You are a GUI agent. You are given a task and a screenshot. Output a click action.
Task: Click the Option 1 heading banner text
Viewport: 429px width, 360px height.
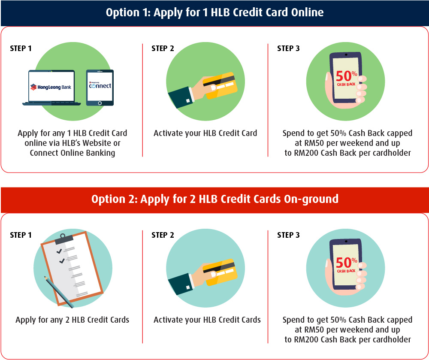coord(214,12)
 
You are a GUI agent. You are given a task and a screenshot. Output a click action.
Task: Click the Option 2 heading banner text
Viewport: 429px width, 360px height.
coord(215,199)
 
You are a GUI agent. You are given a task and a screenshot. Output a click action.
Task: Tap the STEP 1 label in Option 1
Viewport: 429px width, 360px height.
coord(21,48)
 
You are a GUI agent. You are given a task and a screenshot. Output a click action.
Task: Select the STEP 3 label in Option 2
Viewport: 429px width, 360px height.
coord(288,235)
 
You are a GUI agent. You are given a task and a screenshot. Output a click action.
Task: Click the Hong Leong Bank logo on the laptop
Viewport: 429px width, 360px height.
coord(51,87)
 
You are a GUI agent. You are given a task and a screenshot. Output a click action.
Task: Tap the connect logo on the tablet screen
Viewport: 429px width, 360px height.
coord(100,85)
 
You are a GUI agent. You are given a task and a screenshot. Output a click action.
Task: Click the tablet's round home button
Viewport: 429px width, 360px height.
coord(100,103)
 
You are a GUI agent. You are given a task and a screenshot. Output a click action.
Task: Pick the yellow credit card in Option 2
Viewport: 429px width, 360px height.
coord(220,272)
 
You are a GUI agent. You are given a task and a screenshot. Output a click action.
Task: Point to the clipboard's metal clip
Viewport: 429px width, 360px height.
coord(64,239)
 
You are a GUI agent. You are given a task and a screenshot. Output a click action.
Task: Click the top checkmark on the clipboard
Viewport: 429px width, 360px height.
coord(59,251)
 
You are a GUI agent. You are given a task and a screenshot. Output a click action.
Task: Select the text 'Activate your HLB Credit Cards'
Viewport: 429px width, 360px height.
coord(207,320)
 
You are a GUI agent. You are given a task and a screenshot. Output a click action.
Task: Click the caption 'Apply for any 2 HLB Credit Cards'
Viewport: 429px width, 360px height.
coord(72,320)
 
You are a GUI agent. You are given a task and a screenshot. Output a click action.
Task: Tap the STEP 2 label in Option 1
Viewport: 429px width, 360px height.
coord(163,48)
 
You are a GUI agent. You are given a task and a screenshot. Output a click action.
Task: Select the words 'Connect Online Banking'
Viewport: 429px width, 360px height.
coord(72,153)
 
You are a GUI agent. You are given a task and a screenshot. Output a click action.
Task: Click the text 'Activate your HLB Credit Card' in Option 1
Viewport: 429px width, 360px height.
coord(205,133)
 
